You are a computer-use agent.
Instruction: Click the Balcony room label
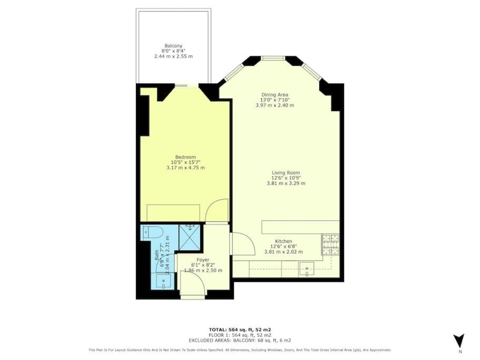point(173,46)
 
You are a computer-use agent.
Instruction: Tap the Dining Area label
point(275,94)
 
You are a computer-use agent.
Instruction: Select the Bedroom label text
point(185,157)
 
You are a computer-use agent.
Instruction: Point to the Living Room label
point(286,173)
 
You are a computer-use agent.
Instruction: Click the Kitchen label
point(283,241)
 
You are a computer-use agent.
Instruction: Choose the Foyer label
point(203,260)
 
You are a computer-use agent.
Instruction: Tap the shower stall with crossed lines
point(190,238)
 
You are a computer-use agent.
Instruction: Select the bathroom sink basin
point(163,281)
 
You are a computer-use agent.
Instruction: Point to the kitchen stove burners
point(330,245)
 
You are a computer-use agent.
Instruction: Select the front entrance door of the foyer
point(192,285)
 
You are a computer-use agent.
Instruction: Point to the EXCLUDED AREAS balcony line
point(240,340)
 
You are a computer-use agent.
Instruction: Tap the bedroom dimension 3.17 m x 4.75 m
point(185,168)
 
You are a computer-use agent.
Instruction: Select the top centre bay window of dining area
point(273,57)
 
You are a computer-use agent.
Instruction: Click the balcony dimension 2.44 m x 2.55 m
point(173,56)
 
